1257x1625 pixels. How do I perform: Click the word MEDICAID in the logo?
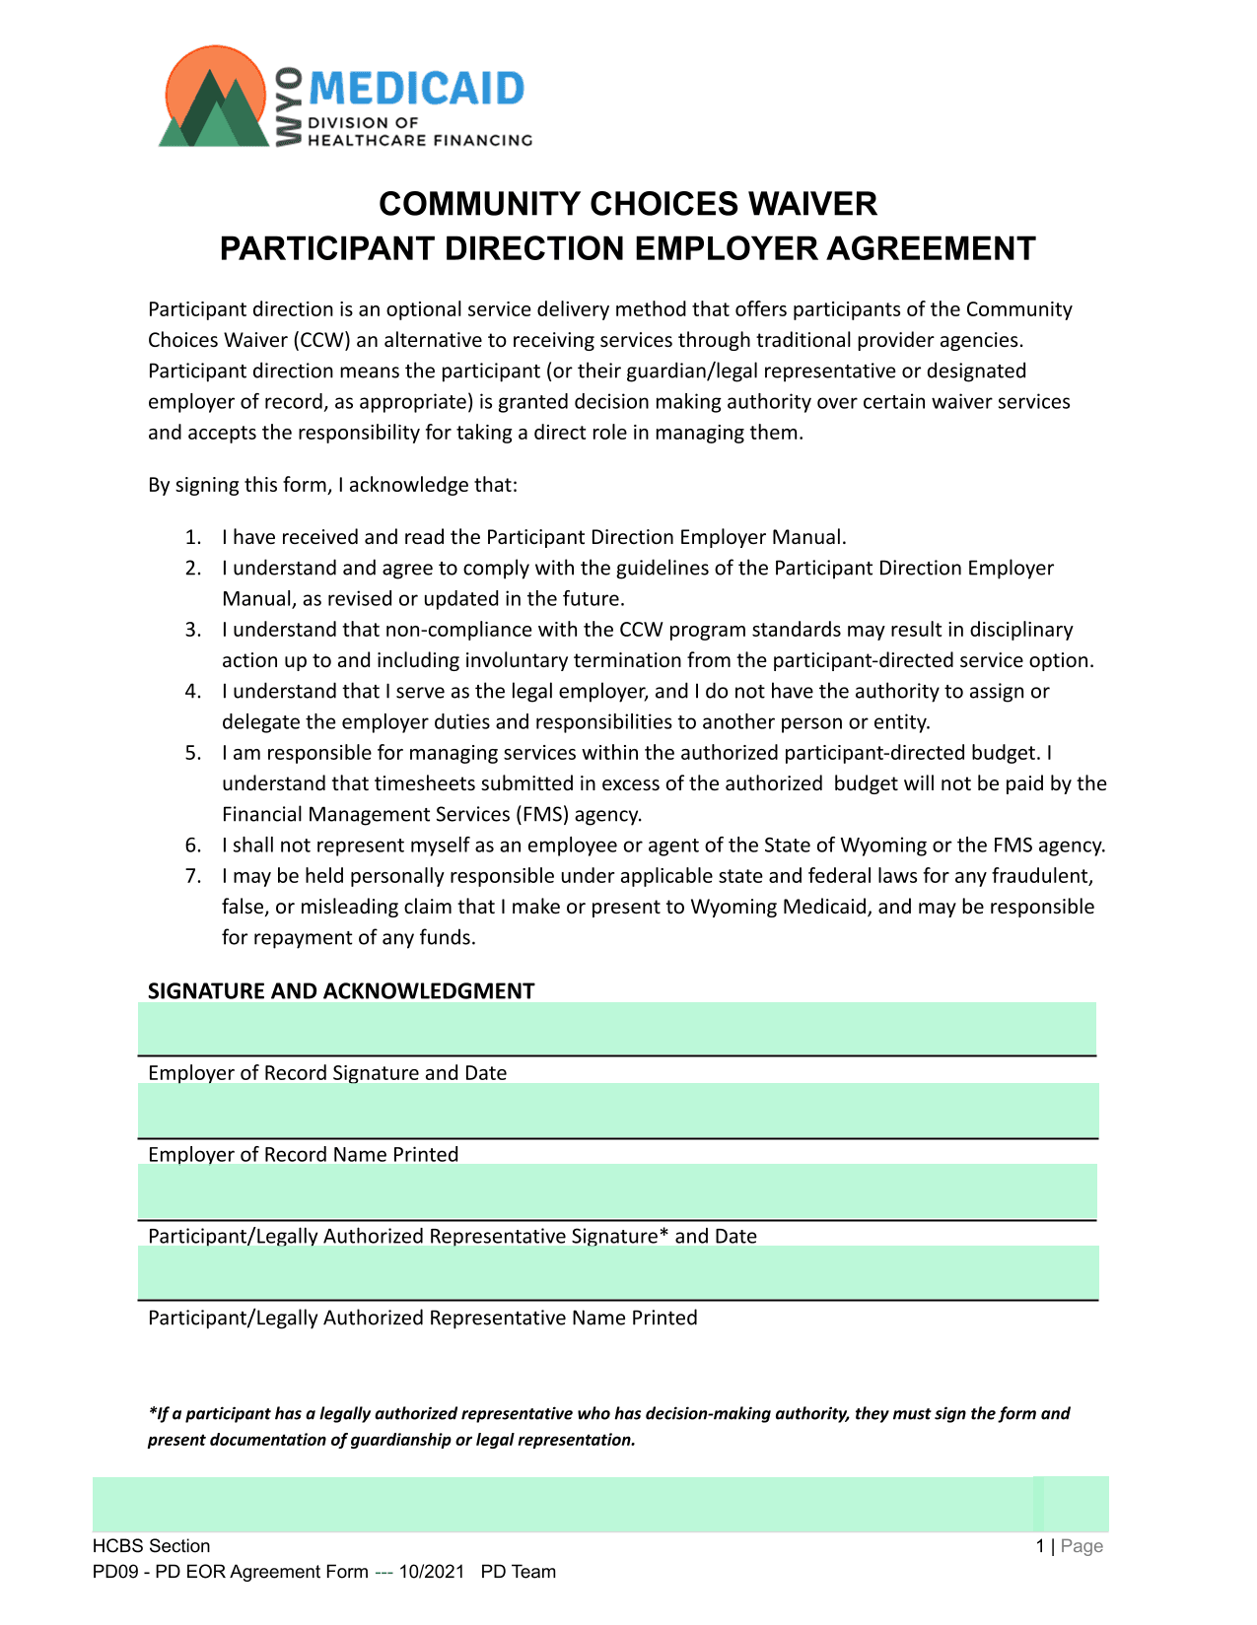click(x=417, y=89)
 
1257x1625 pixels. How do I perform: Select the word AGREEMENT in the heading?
click(x=931, y=248)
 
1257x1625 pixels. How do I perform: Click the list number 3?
click(x=193, y=630)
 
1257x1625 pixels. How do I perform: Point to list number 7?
click(x=193, y=876)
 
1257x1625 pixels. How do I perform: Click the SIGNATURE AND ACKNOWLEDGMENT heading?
click(x=341, y=991)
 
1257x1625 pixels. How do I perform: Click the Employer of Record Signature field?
click(x=617, y=1030)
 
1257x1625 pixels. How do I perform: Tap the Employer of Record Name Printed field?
click(x=617, y=1111)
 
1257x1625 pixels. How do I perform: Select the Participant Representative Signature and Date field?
click(x=617, y=1192)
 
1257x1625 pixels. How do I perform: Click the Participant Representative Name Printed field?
click(x=617, y=1273)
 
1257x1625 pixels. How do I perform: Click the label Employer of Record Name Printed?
click(x=303, y=1154)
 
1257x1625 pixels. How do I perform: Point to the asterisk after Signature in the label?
click(x=663, y=1233)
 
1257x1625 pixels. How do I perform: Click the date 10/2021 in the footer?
click(x=431, y=1572)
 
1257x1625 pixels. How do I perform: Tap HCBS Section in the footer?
click(x=151, y=1546)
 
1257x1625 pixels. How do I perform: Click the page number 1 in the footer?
click(x=1040, y=1546)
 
